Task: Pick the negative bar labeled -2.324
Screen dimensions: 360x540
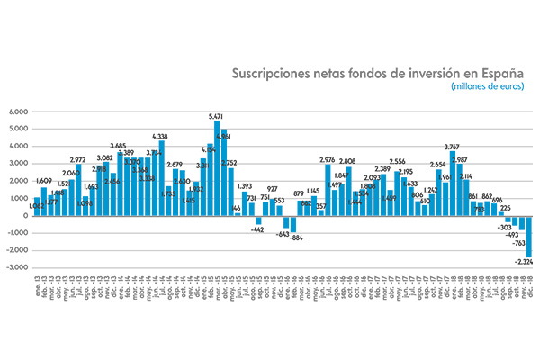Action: point(529,236)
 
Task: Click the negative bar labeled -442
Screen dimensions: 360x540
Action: point(258,220)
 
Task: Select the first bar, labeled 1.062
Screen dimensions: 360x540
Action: point(37,207)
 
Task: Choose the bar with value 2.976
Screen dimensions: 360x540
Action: point(328,190)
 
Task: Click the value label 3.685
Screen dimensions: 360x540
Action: point(118,146)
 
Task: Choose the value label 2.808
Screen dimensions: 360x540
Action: point(348,162)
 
